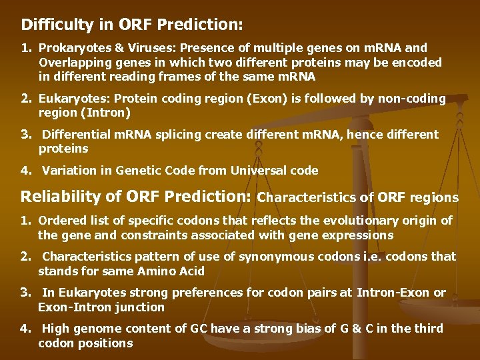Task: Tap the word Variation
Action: coord(69,171)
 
